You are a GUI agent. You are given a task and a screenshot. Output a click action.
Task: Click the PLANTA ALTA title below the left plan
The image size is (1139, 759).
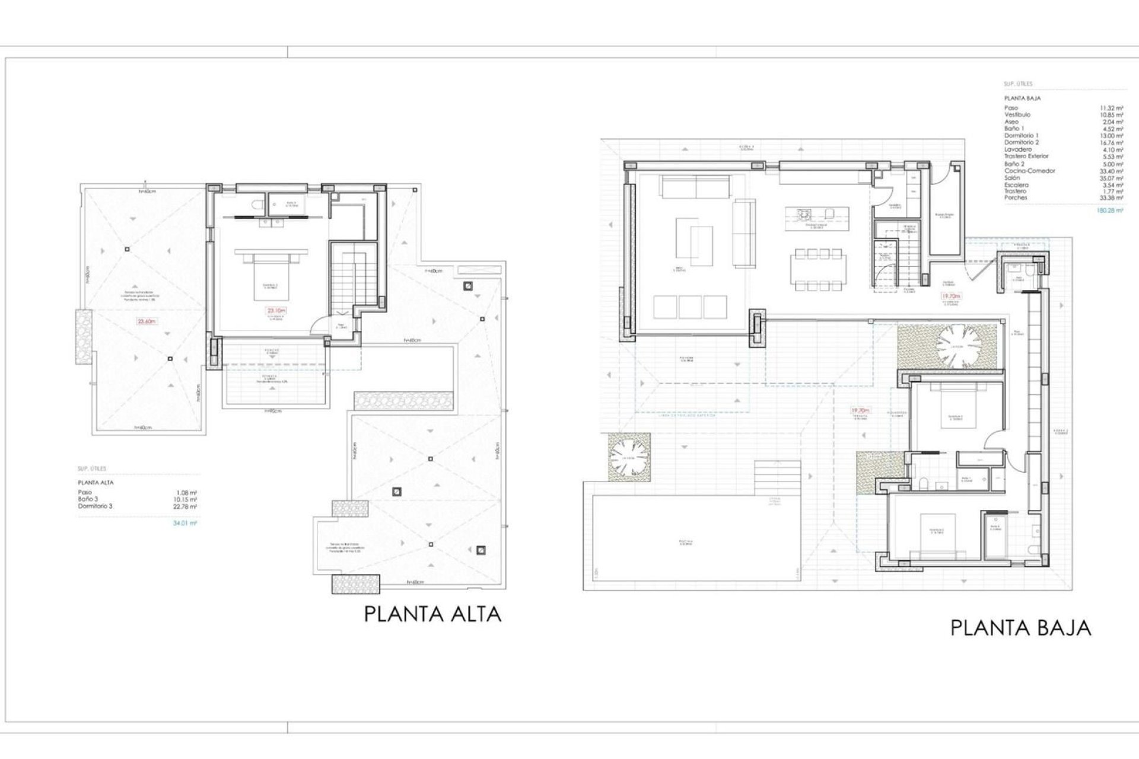pos(432,614)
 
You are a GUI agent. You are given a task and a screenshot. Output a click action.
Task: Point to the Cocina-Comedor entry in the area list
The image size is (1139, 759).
pos(1030,171)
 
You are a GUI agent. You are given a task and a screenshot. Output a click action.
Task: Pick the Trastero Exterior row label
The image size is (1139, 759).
pos(1026,157)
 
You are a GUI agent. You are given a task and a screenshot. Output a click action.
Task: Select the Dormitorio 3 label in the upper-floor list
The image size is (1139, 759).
pos(95,506)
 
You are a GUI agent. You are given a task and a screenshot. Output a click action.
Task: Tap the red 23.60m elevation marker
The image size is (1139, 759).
pos(147,321)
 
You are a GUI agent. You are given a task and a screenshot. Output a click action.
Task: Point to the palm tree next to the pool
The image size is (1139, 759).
pos(629,457)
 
